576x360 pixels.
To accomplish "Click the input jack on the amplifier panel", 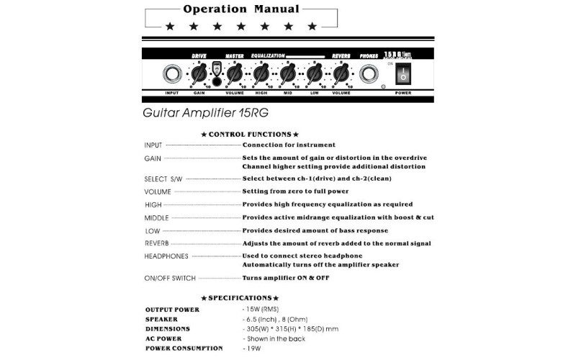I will click(172, 74).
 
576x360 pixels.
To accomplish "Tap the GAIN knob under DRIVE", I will click(198, 74).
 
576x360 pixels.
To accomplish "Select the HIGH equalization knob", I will click(260, 74).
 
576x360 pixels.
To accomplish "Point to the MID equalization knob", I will click(287, 74).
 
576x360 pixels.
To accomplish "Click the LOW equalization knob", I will click(315, 74).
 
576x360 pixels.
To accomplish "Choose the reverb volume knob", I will click(341, 74).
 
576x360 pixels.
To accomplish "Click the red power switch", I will click(403, 75).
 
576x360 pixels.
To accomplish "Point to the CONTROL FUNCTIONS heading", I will click(249, 134).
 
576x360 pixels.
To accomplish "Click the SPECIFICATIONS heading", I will click(240, 297).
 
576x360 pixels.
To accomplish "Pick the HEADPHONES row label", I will click(166, 256).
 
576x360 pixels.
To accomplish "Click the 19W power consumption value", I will click(251, 348).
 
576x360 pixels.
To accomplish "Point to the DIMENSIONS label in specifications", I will click(168, 329).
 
